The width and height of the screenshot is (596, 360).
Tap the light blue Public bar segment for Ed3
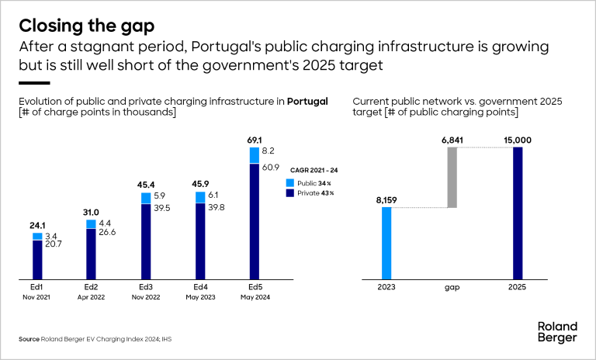(x=146, y=198)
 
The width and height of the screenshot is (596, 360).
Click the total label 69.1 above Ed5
(x=255, y=140)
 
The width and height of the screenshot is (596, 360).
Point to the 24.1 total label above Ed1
(x=36, y=227)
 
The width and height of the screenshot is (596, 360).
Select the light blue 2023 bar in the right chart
(x=386, y=243)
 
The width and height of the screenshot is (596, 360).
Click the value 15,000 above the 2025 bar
(x=518, y=140)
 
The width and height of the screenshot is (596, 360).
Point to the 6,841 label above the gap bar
(x=452, y=140)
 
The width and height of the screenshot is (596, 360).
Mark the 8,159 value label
(x=386, y=200)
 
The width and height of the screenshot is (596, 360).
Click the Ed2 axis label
(x=91, y=286)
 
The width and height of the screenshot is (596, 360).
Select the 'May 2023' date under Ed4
(x=200, y=296)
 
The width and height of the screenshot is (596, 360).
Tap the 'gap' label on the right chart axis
(x=452, y=286)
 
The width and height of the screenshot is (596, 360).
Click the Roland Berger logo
(x=557, y=332)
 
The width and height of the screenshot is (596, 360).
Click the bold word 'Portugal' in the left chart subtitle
(x=307, y=102)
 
